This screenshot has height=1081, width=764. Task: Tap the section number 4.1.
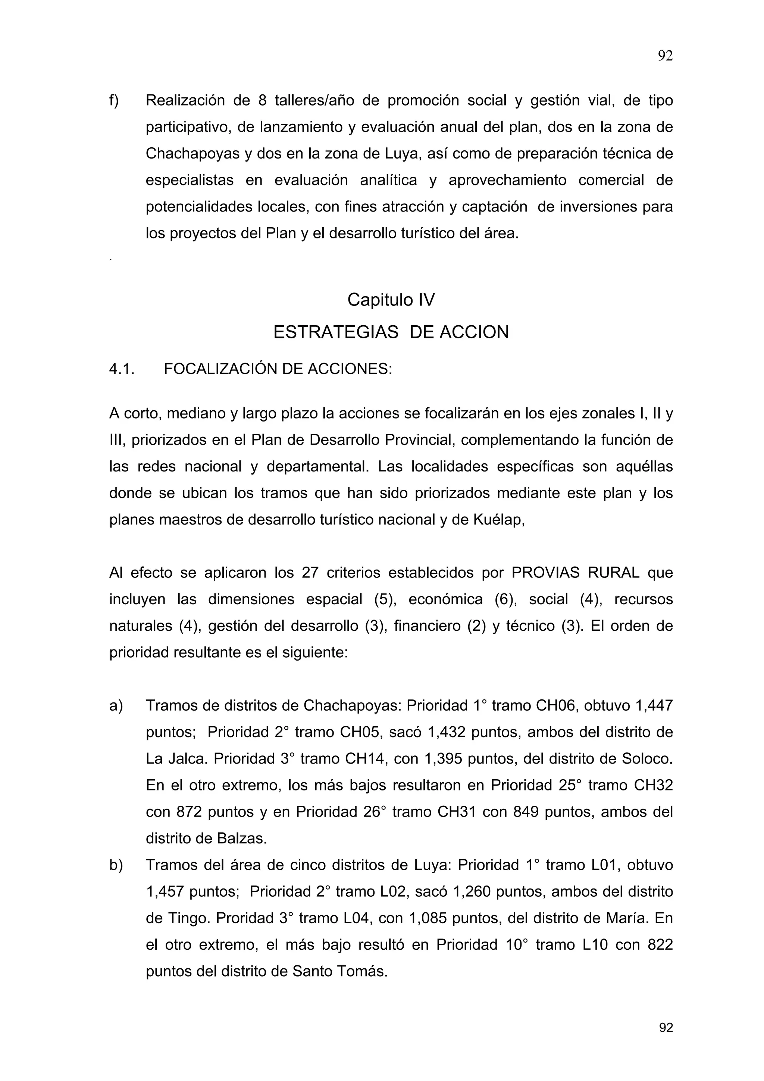122,369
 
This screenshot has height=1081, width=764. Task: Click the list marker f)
114,100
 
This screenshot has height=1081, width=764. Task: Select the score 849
525,812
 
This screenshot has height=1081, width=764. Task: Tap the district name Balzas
241,839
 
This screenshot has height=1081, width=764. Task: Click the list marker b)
116,865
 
